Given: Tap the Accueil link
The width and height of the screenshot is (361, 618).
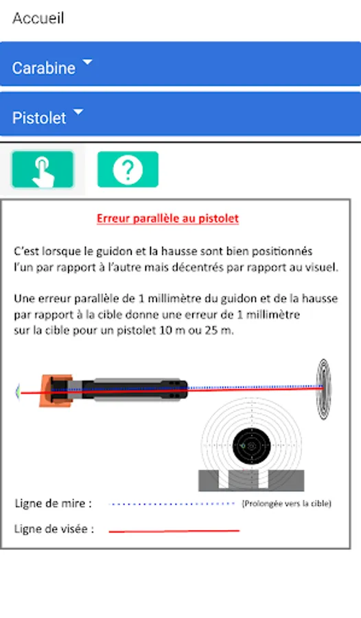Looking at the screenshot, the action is (x=38, y=18).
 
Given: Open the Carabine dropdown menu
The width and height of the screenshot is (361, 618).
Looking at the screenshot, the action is (x=180, y=64).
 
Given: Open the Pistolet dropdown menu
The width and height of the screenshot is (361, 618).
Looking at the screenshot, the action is (x=180, y=114).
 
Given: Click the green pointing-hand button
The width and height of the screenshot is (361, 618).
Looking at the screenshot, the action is (x=43, y=170).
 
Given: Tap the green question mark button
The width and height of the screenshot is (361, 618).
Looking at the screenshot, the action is (x=128, y=169).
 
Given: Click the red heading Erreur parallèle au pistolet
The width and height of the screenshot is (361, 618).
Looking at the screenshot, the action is (x=168, y=218).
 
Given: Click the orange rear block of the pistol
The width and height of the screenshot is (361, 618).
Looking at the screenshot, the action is (x=56, y=391).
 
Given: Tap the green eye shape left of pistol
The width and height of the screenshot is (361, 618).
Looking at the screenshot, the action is (x=17, y=392).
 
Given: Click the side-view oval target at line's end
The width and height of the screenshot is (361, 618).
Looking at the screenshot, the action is (x=324, y=389).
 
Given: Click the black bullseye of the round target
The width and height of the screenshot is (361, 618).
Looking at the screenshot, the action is (x=251, y=446).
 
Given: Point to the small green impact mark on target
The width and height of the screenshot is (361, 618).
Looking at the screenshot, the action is (x=243, y=446).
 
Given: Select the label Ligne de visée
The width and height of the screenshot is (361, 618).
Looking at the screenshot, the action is (x=54, y=529).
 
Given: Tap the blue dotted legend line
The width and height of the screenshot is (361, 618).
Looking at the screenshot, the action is (x=172, y=504).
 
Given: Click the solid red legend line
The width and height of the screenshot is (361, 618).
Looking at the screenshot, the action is (x=174, y=531).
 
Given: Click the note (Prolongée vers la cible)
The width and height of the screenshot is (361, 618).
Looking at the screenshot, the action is (x=286, y=503).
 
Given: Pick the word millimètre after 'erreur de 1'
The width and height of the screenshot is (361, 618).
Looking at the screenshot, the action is (x=272, y=314).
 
